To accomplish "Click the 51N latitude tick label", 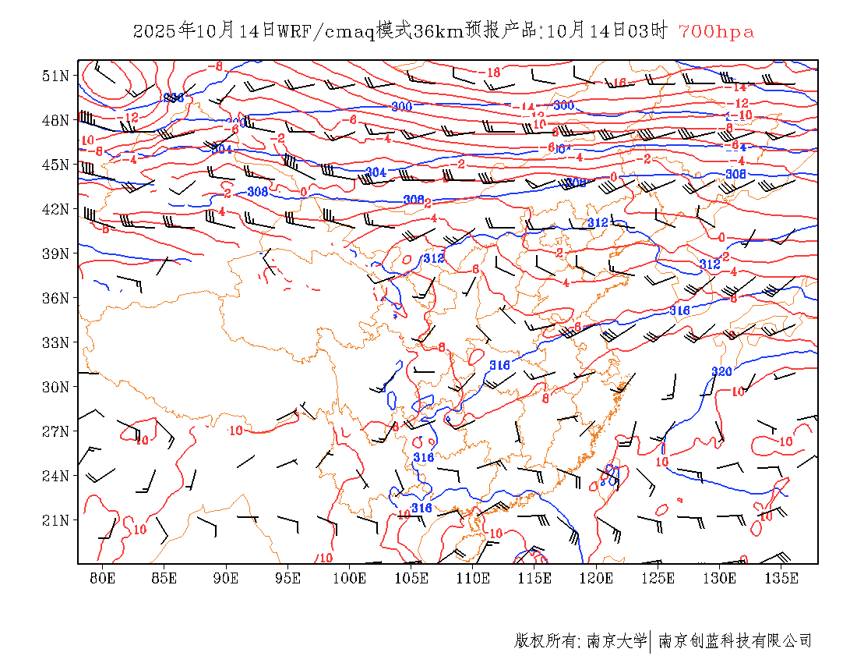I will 56,76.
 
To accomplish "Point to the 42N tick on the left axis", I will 56,209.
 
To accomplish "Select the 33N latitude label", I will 56,342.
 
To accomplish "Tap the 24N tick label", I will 56,476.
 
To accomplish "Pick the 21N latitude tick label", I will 56,520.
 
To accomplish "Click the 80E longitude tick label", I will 103,578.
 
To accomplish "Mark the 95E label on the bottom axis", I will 287,578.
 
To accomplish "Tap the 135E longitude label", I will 781,578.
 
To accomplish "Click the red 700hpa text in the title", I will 716,32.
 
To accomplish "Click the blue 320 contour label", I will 721,371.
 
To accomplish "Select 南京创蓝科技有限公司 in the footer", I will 735,641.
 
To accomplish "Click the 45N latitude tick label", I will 56,165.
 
